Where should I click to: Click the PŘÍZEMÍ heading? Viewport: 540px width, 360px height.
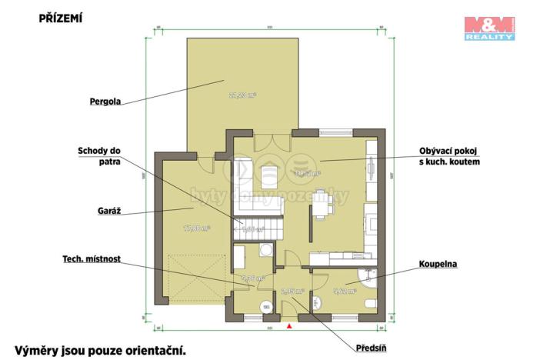60,16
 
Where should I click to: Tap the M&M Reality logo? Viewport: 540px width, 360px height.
489,28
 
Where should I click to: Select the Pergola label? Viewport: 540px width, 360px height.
105,101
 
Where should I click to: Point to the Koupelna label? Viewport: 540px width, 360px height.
438,264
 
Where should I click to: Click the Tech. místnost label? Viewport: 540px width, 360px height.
92,259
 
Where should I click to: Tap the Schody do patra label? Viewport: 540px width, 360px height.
99,156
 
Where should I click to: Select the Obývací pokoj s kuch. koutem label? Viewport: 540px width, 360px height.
449,158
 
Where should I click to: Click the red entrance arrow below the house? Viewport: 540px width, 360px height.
289,328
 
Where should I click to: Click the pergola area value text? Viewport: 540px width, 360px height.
242,95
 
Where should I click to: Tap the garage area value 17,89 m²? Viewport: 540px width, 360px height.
196,228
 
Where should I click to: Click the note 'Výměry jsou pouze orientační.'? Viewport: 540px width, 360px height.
101,350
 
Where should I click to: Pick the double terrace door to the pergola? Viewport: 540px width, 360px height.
266,138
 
